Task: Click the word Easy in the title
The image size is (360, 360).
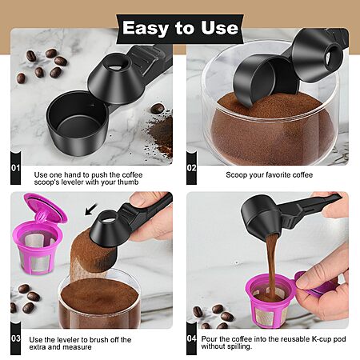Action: [146, 29]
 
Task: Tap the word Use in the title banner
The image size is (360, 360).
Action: [219, 27]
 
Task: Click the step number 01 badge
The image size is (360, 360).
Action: [16, 168]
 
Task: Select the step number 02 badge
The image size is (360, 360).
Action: [191, 168]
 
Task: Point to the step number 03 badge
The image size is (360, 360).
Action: [16, 338]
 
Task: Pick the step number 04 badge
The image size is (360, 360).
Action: [191, 338]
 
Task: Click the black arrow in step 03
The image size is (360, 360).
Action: [91, 210]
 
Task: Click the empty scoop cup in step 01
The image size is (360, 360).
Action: [78, 122]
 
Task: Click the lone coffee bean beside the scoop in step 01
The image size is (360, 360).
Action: [157, 109]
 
